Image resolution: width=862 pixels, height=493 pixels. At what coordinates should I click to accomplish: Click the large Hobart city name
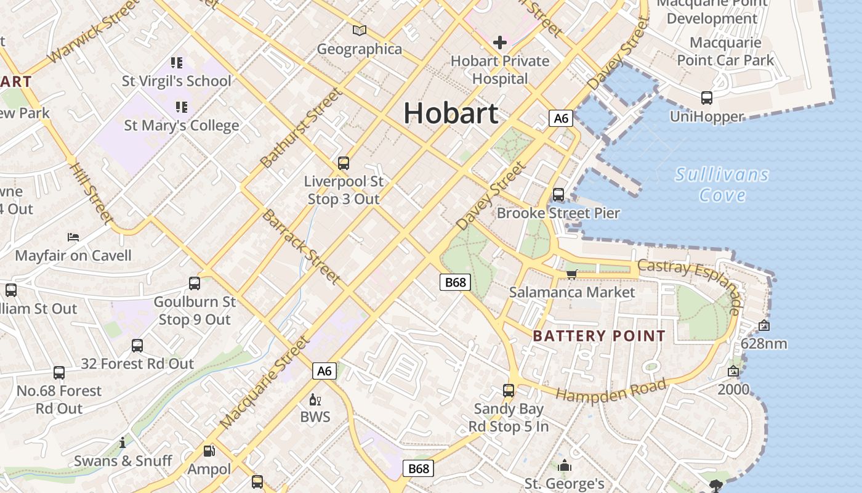tap(451, 113)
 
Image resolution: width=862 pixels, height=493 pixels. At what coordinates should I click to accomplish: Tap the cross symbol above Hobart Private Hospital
tap(500, 42)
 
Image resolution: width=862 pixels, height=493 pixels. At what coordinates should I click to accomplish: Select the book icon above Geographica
tap(360, 30)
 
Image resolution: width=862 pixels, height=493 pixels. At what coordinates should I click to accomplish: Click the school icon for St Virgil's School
tap(177, 62)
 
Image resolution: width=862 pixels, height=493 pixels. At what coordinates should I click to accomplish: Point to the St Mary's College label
tap(182, 125)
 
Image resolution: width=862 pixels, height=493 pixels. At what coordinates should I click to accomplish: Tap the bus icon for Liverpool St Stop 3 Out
tap(344, 163)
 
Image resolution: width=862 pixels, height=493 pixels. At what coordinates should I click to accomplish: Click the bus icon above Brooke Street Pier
tap(558, 195)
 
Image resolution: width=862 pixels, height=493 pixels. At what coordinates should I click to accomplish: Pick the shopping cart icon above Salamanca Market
tap(572, 274)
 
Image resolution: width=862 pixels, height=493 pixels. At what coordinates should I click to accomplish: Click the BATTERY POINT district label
tap(599, 336)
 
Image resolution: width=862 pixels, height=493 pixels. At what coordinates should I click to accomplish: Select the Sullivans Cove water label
tap(722, 185)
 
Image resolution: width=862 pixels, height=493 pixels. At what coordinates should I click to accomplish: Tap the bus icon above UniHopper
tap(707, 97)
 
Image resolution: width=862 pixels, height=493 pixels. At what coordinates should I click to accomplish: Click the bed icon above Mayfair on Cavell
tap(73, 237)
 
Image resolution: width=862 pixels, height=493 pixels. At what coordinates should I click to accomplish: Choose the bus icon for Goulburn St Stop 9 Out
tap(195, 283)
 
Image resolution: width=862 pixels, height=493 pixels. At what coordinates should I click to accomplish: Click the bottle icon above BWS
tap(315, 400)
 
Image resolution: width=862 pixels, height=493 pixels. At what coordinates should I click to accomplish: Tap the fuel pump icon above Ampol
tap(209, 451)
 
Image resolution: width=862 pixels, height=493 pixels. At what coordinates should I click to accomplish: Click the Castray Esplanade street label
tap(690, 285)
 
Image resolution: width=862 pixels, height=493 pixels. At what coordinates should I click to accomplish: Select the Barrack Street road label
tap(301, 246)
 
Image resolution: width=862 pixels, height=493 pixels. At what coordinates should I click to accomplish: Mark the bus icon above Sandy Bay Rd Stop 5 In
tap(509, 390)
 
